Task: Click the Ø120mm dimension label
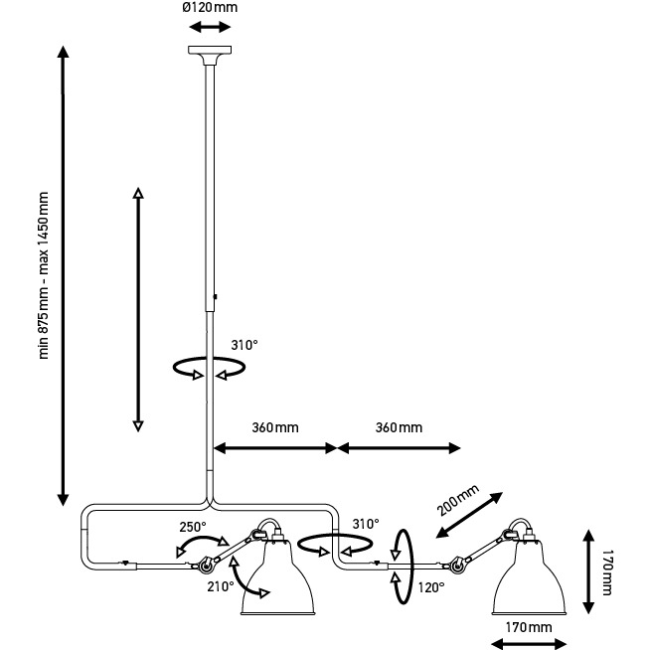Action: click(209, 9)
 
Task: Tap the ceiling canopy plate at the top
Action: click(209, 52)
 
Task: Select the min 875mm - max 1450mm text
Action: click(43, 275)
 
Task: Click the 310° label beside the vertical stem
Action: click(244, 345)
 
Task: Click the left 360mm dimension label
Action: click(275, 428)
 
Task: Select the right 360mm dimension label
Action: click(398, 428)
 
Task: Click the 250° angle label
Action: click(193, 527)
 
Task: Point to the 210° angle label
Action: click(221, 586)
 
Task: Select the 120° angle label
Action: click(430, 587)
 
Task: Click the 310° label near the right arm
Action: click(366, 524)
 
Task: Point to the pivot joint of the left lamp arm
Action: click(207, 567)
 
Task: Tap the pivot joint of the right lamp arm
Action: click(458, 567)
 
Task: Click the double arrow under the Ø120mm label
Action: click(209, 28)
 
